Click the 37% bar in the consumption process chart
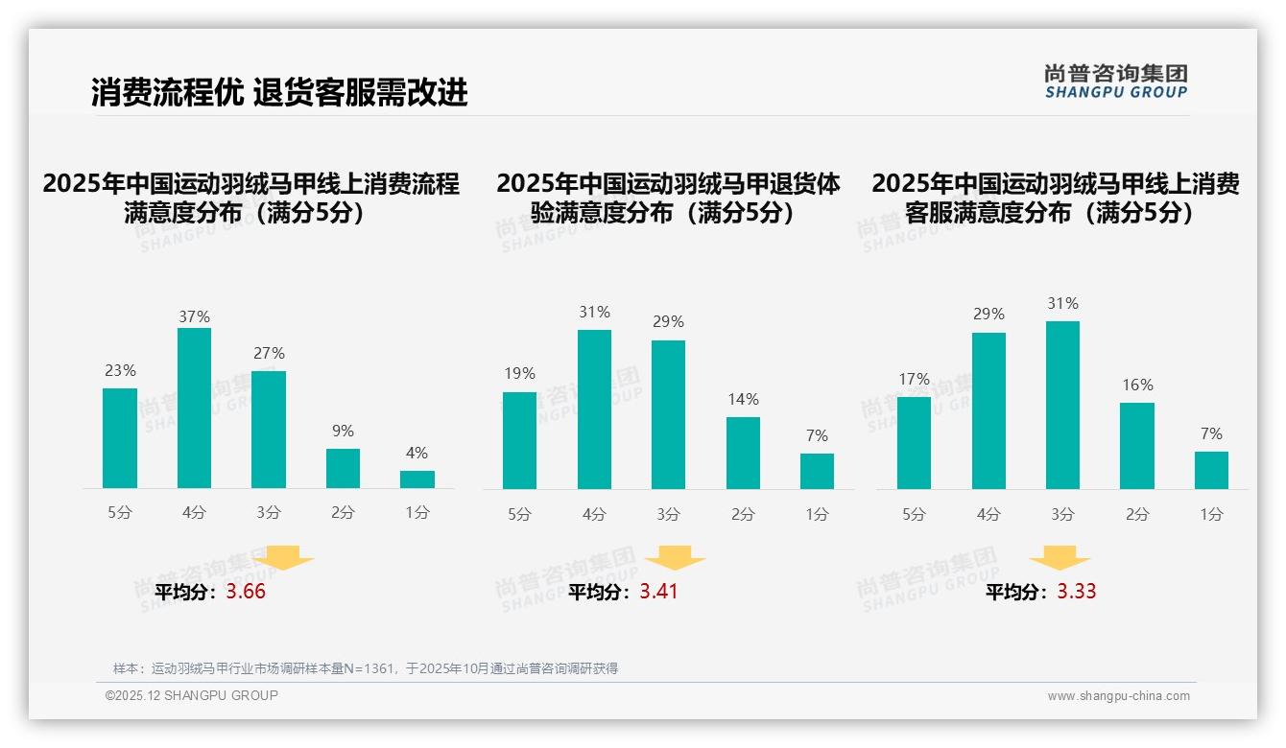pyautogui.click(x=195, y=408)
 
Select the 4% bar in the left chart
pyautogui.click(x=417, y=479)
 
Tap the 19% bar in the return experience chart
pyautogui.click(x=519, y=440)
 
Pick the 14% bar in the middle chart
pyautogui.click(x=743, y=453)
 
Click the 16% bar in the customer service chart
pyautogui.click(x=1137, y=446)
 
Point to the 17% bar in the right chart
pyautogui.click(x=914, y=442)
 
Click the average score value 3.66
pyautogui.click(x=246, y=592)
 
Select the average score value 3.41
pyautogui.click(x=659, y=592)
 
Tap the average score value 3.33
pyautogui.click(x=1077, y=592)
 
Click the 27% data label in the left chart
pyautogui.click(x=269, y=353)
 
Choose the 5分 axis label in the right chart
pyautogui.click(x=914, y=514)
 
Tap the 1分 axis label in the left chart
pyautogui.click(x=417, y=512)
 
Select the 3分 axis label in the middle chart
pyautogui.click(x=668, y=514)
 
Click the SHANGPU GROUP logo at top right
pyautogui.click(x=1116, y=82)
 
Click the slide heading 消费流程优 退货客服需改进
pyautogui.click(x=279, y=92)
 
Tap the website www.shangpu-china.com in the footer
pyautogui.click(x=1118, y=696)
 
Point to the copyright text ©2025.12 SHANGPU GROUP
pyautogui.click(x=192, y=695)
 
